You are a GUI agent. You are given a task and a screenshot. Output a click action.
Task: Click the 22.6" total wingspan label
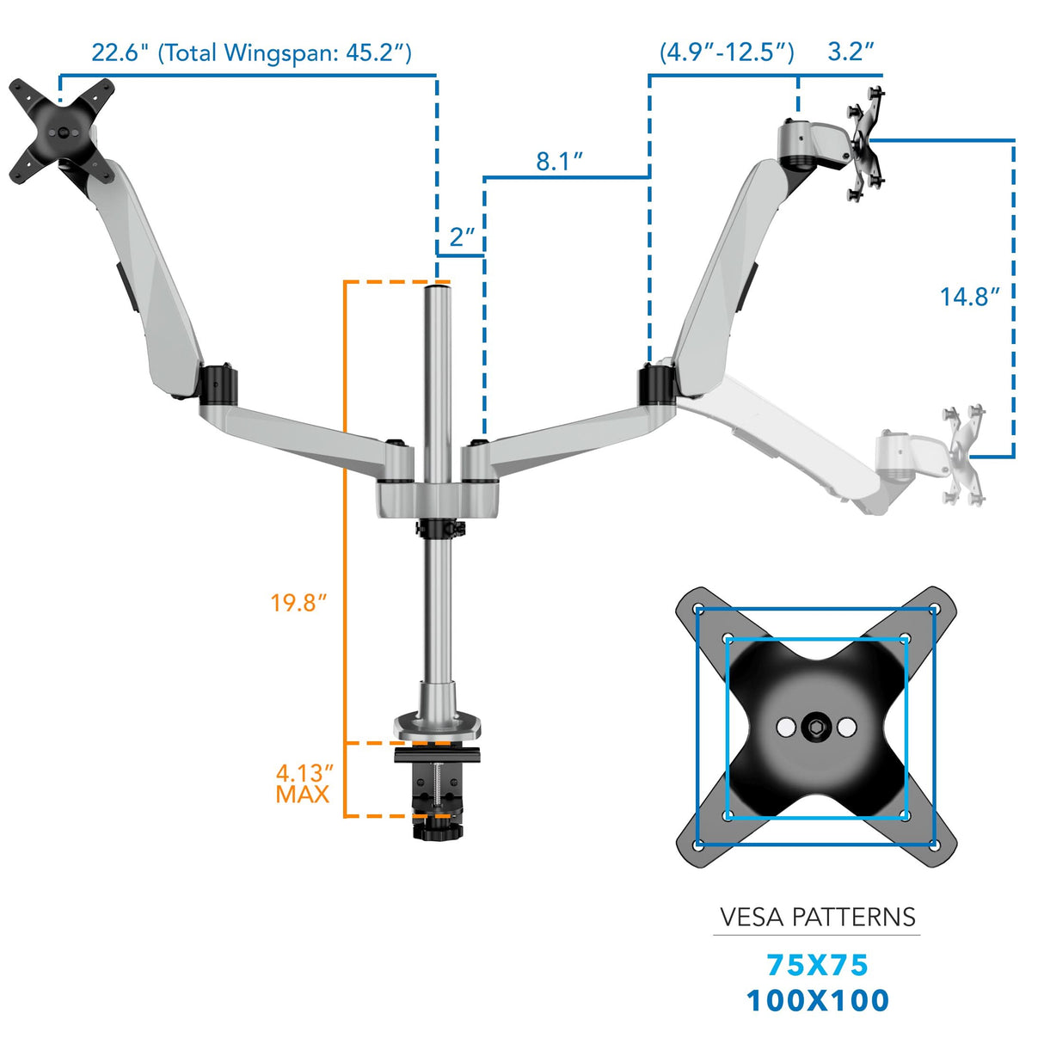click(251, 53)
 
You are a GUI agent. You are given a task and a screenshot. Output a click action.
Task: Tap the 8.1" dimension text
click(559, 161)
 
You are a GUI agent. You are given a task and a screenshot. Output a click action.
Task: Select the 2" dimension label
click(462, 236)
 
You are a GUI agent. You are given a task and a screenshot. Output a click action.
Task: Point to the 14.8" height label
click(969, 297)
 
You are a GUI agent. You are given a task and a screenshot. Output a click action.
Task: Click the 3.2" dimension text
click(851, 52)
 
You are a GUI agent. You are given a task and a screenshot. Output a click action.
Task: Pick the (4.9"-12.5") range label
click(727, 52)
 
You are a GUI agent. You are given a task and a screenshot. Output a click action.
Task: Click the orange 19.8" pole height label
click(298, 602)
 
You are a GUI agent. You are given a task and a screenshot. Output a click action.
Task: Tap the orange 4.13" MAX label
click(304, 783)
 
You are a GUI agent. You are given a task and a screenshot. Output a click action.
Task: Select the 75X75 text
click(817, 965)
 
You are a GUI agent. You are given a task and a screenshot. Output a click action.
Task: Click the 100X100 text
click(817, 1000)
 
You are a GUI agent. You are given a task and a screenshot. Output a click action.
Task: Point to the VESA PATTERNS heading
click(817, 917)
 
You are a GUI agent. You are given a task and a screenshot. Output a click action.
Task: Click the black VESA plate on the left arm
click(62, 132)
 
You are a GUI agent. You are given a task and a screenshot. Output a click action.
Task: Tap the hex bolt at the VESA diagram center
click(815, 728)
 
